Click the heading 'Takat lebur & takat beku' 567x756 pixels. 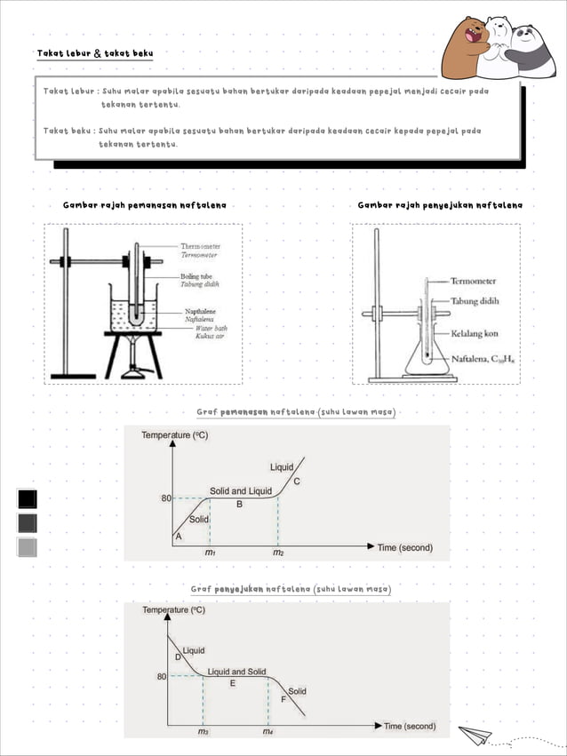pos(94,54)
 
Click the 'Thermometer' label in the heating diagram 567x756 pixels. pos(201,246)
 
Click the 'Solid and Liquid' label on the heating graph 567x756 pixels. pos(240,490)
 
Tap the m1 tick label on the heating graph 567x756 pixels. pos(210,552)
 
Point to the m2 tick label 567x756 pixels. pos(278,552)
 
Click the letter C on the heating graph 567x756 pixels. pos(296,481)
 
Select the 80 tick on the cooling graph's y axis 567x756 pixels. pos(162,677)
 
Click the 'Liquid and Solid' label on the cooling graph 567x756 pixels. pos(236,672)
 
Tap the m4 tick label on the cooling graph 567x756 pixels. pos(268,732)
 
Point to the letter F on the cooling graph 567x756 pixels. pos(283,700)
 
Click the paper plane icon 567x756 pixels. pos(475,734)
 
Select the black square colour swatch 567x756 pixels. pos(28,499)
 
